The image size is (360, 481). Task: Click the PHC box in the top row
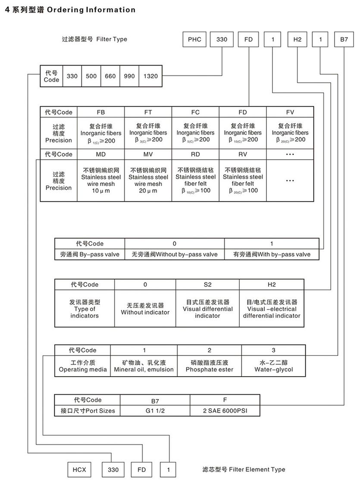194,40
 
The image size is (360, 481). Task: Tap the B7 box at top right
344,40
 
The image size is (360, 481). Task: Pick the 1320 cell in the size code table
150,76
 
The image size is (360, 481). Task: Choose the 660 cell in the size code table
110,76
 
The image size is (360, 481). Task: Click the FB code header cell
101,112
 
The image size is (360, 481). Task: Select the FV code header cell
290,112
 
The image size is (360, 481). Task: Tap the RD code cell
195,154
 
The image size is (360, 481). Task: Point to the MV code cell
148,154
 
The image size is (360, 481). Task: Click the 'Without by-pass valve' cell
175,255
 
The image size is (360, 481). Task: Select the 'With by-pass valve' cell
272,255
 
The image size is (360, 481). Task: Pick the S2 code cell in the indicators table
207,285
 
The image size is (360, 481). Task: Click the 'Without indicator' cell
145,309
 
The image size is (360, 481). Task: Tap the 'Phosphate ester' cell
209,366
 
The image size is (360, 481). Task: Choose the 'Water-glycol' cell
273,366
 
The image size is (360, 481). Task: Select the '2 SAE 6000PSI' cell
225,411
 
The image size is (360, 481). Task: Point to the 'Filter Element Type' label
244,469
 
